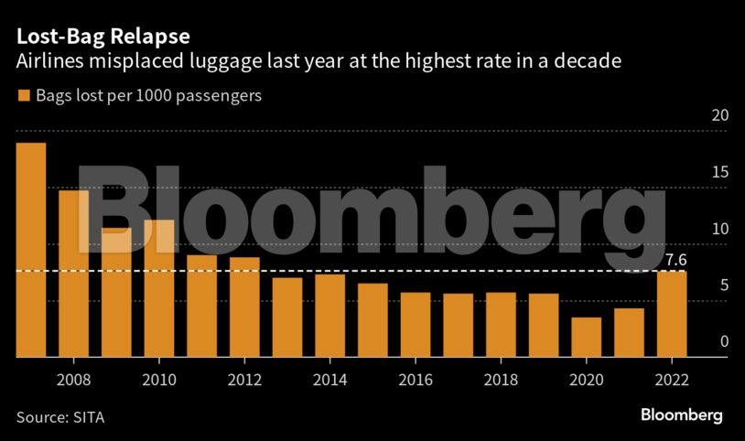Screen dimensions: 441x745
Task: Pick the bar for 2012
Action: click(244, 307)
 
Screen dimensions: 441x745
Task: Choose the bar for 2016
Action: click(416, 325)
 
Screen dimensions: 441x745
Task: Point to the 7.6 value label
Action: click(676, 261)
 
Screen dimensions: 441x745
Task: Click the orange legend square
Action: click(22, 95)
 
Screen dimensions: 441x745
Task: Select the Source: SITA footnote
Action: click(60, 417)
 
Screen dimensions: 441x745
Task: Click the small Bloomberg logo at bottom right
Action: click(680, 415)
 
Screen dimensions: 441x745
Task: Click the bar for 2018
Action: click(501, 325)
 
